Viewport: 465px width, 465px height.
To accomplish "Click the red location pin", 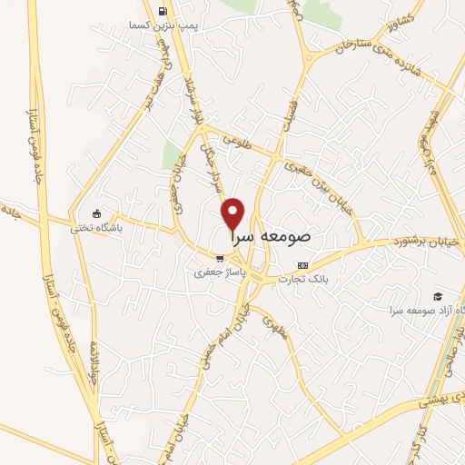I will coord(233,213).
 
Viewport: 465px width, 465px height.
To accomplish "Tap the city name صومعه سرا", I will coord(272,235).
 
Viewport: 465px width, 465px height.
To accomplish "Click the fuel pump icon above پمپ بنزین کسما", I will coord(163,12).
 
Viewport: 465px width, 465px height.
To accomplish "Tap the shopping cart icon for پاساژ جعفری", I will coord(219,258).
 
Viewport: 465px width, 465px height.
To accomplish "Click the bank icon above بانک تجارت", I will coord(303,264).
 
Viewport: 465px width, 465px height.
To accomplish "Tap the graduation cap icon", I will coord(438,297).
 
